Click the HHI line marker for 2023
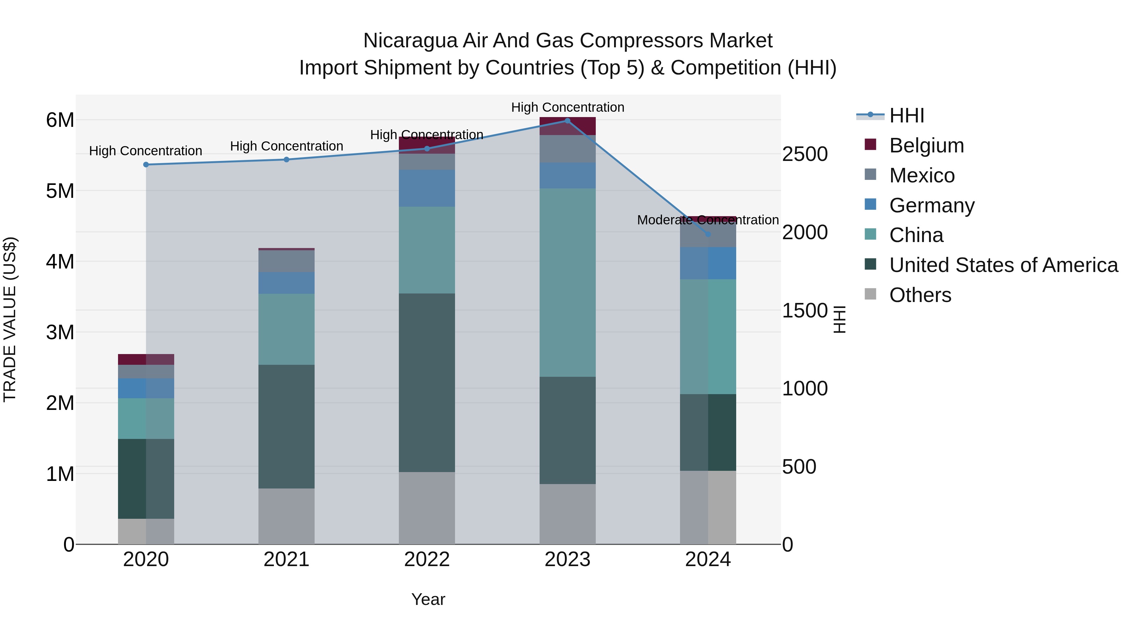[568, 121]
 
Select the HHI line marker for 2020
[146, 164]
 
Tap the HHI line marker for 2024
[708, 234]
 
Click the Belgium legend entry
[926, 145]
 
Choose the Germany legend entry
[932, 205]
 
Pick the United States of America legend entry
[1003, 265]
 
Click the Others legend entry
[920, 295]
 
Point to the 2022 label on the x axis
[427, 559]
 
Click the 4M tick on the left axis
[60, 262]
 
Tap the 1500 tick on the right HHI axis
[805, 311]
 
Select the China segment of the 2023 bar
[568, 282]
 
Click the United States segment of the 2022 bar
[427, 382]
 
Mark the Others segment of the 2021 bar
[286, 516]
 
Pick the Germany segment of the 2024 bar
[708, 263]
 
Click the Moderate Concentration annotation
[708, 220]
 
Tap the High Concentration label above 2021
[286, 146]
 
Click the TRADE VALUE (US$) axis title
[10, 319]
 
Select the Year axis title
[428, 599]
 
